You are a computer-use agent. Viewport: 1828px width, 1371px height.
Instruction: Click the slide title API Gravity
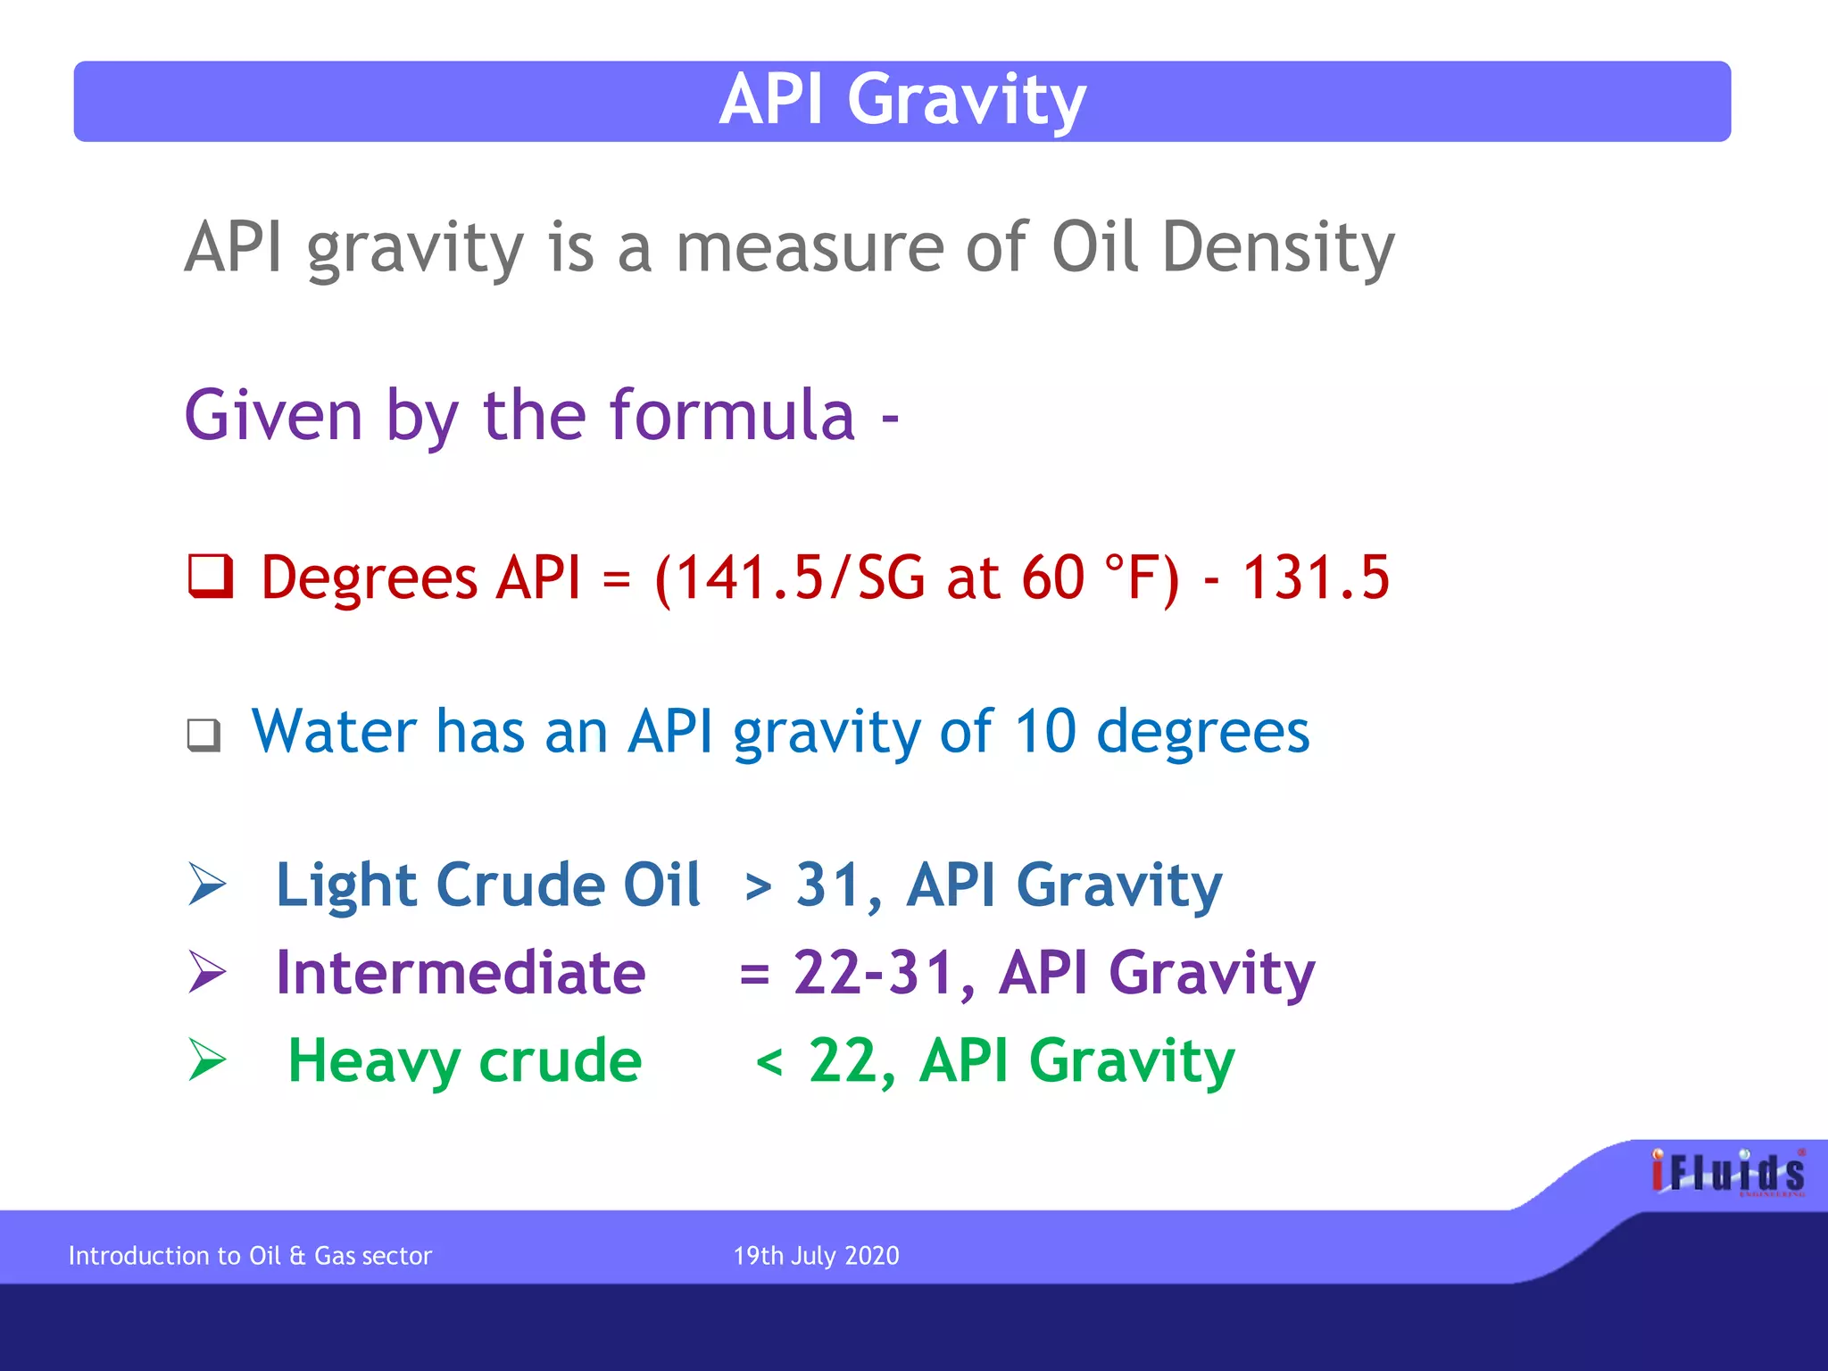coord(902,100)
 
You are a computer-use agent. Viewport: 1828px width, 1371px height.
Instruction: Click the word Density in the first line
coord(1277,247)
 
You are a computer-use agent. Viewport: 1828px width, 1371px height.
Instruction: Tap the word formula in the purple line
coord(732,416)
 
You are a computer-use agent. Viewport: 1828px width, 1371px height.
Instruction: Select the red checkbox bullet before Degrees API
coord(211,577)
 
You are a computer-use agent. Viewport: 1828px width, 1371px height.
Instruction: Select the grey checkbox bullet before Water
coord(204,735)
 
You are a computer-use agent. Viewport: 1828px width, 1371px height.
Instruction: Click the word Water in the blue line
coord(334,731)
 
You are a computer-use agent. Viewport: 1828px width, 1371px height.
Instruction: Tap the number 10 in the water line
coord(1045,731)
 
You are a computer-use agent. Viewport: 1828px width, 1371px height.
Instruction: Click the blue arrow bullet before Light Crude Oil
coord(207,885)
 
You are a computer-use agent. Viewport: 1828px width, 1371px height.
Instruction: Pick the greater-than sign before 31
coord(758,887)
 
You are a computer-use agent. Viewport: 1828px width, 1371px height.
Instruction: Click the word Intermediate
coord(461,972)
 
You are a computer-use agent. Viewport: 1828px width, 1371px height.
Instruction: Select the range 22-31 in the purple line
coord(872,972)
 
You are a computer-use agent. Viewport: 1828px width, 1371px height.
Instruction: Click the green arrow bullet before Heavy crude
coord(207,1060)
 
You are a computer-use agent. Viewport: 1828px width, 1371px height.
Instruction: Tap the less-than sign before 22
coord(769,1063)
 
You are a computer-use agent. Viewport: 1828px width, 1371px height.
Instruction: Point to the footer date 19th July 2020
coord(816,1256)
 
